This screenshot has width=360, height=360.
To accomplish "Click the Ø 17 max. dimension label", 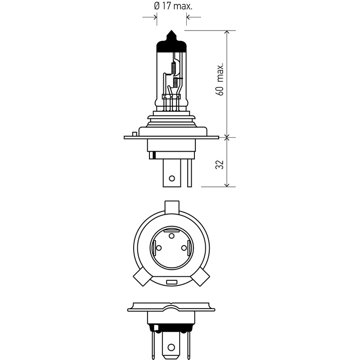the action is [x=173, y=6].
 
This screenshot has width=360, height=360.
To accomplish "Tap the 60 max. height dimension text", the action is [x=220, y=79].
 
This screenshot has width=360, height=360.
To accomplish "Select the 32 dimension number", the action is [x=220, y=165].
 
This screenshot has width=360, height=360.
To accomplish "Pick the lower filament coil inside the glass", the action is [x=175, y=83].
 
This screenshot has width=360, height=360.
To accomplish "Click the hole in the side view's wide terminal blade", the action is [x=172, y=178].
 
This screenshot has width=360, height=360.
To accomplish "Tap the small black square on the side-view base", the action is [x=154, y=155].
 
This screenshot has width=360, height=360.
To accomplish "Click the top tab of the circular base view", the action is [x=172, y=207].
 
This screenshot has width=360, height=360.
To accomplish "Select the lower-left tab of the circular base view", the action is [x=142, y=277].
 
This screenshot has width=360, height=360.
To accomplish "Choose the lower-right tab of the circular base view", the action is [x=201, y=277].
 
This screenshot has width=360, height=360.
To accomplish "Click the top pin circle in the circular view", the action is [x=171, y=236].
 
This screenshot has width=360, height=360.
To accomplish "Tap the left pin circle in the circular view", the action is [x=159, y=248].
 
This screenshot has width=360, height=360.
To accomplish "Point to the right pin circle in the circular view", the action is [x=184, y=248].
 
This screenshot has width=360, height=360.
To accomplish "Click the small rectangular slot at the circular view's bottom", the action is [x=172, y=282].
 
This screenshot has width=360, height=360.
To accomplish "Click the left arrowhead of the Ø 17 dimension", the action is [x=154, y=17].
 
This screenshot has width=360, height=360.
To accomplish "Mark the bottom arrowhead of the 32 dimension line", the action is [x=227, y=184].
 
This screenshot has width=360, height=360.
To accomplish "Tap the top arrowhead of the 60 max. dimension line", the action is [x=227, y=33].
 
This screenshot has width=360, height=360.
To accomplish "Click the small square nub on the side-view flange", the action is [x=135, y=134].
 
